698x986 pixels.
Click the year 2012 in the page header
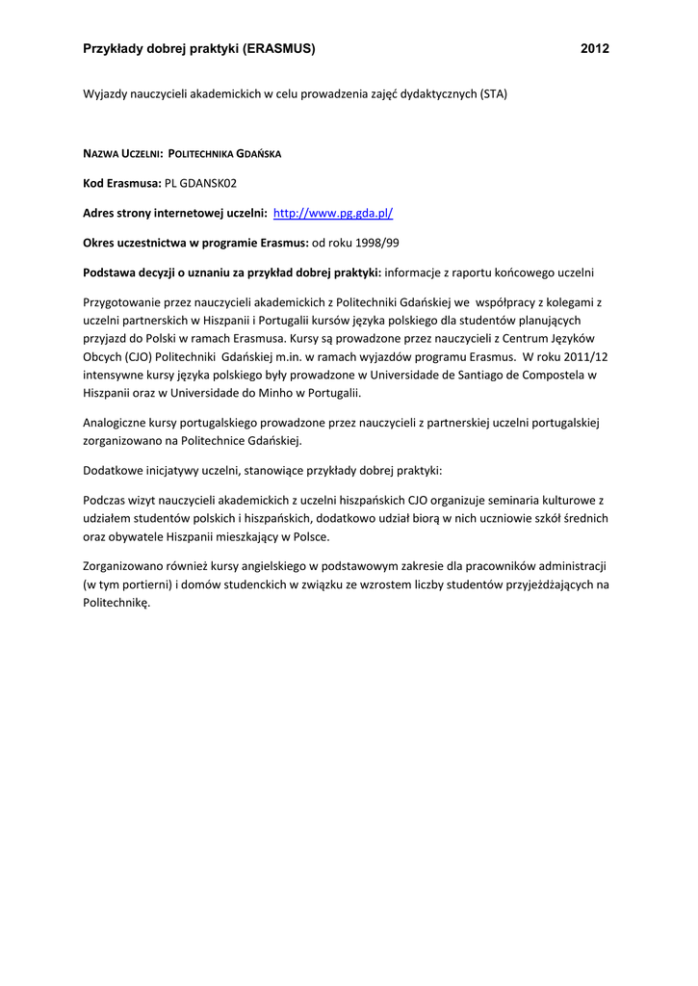(595, 48)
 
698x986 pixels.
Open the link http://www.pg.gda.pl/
(334, 212)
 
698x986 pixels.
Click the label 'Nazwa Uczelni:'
(123, 153)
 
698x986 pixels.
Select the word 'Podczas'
(105, 501)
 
